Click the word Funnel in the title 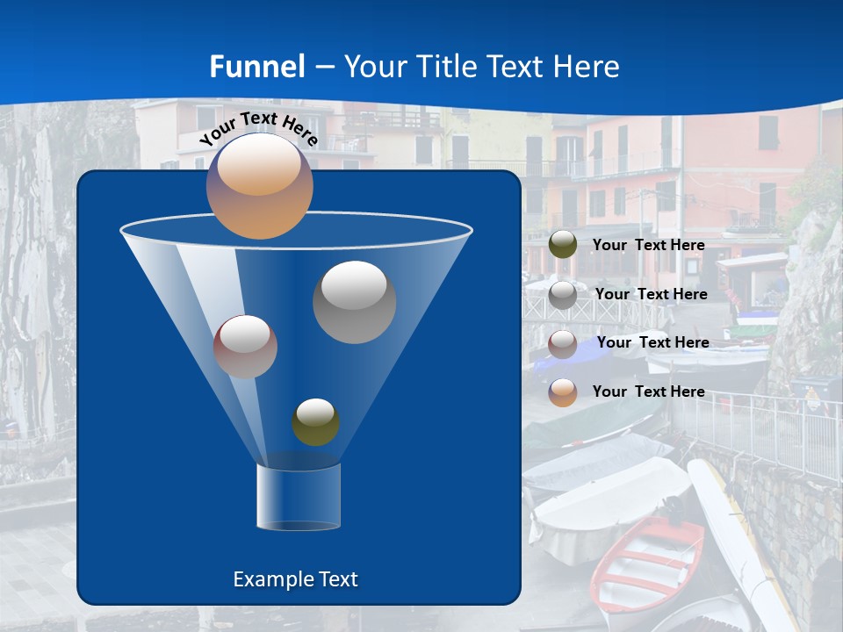point(257,67)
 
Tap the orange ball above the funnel point(259,186)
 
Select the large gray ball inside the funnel point(354,302)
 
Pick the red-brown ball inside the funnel point(245,347)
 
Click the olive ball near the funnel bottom point(315,422)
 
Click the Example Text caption point(295,579)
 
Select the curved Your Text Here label point(258,127)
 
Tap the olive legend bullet point(563,245)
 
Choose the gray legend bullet point(563,294)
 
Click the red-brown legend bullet point(563,343)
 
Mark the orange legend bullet point(563,392)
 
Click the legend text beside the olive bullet point(648,245)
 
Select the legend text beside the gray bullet point(651,294)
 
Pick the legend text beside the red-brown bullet point(652,342)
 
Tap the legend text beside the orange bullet point(648,391)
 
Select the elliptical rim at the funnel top point(296,230)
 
